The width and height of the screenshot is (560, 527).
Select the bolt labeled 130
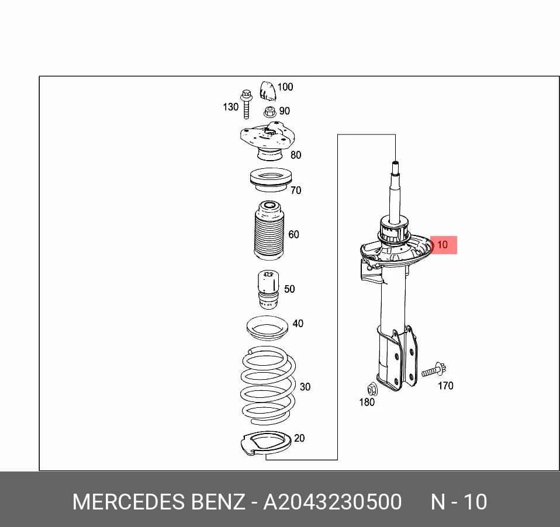pyautogui.click(x=246, y=104)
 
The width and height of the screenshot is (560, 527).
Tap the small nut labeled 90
pyautogui.click(x=270, y=112)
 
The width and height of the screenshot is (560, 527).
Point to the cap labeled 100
pyautogui.click(x=268, y=91)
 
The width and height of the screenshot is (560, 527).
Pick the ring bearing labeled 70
pyautogui.click(x=271, y=180)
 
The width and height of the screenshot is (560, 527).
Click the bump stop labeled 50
pyautogui.click(x=268, y=290)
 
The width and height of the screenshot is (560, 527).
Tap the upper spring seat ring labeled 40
pyautogui.click(x=268, y=328)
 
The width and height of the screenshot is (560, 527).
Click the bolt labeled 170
pyautogui.click(x=434, y=370)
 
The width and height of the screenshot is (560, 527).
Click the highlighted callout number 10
pyautogui.click(x=442, y=245)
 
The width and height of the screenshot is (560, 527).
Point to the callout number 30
pyautogui.click(x=305, y=387)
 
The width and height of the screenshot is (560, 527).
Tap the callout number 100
pyautogui.click(x=285, y=86)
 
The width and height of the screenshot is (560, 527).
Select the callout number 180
pyautogui.click(x=367, y=402)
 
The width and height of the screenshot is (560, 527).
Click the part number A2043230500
pyautogui.click(x=332, y=502)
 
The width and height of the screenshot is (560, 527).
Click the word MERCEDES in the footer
pyautogui.click(x=128, y=502)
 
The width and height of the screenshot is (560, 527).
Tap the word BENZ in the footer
pyautogui.click(x=218, y=502)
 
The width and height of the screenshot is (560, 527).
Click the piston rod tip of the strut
pyautogui.click(x=395, y=164)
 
